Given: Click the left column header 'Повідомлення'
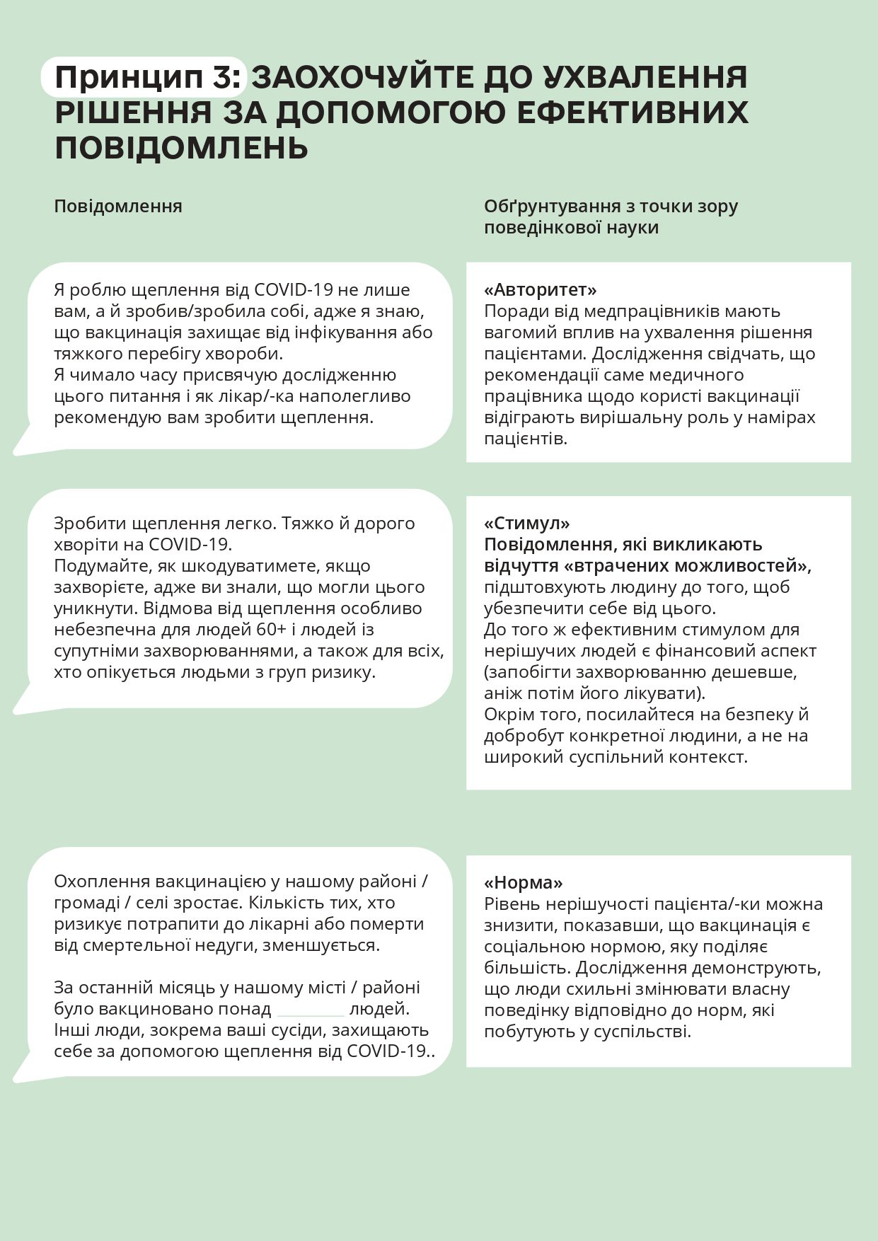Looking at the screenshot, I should (118, 206).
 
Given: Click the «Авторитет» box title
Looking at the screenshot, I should (541, 289).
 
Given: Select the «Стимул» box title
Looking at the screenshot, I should (527, 523).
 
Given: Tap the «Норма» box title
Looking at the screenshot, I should (524, 882).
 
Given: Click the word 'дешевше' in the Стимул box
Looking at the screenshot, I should (768, 671).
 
